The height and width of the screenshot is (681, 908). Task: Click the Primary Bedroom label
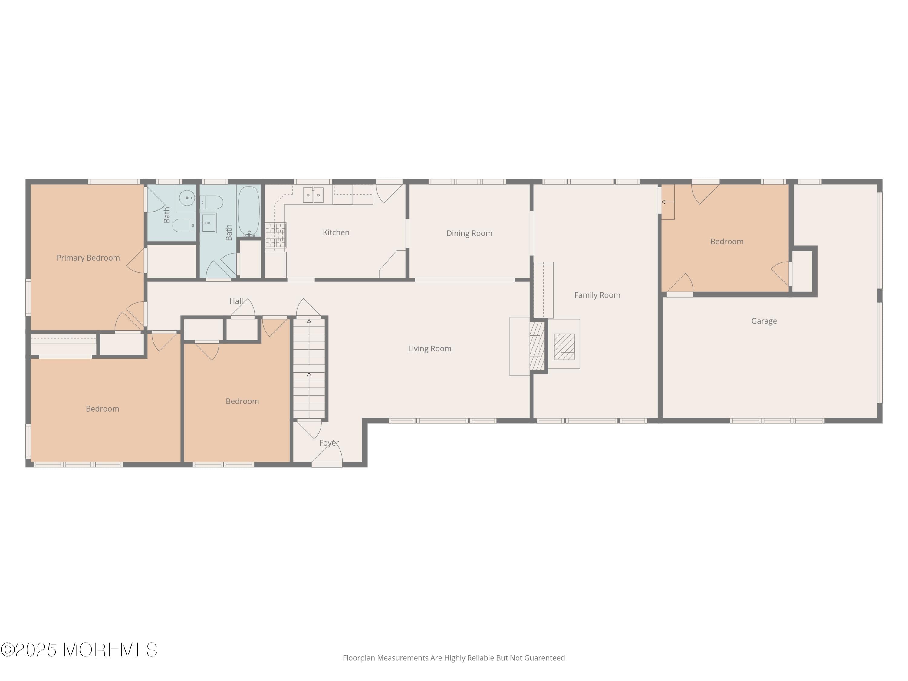point(88,258)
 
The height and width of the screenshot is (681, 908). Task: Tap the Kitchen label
point(336,232)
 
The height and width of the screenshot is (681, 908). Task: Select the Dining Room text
point(469,233)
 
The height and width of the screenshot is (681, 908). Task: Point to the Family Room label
point(597,295)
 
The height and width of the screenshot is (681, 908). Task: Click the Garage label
point(764,321)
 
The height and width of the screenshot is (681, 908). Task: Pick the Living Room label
point(429,348)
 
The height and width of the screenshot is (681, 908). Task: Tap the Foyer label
point(329,443)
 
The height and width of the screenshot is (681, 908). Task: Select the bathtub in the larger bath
point(249,211)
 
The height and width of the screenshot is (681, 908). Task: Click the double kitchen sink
point(313,195)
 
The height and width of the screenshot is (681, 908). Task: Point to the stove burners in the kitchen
point(275,236)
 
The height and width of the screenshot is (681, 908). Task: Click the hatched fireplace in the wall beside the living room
point(537,346)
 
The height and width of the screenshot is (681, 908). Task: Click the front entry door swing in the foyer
point(328,454)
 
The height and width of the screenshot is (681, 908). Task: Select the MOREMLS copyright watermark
point(79,650)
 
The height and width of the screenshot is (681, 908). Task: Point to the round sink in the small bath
point(187,198)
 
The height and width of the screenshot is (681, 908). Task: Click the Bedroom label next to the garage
point(727,241)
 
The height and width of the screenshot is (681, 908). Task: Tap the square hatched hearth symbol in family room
point(564,347)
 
